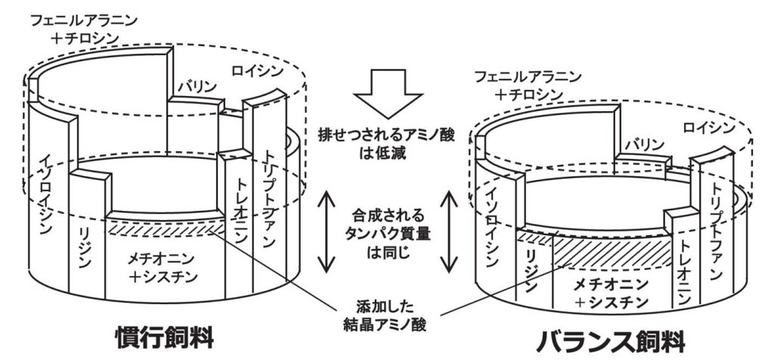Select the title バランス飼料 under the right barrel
point(611,340)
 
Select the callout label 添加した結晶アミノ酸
point(389,314)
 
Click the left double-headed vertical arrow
point(327,231)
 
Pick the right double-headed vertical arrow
point(448,231)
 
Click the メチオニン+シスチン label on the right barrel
point(611,293)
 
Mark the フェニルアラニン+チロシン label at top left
point(84,29)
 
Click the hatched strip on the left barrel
point(165,229)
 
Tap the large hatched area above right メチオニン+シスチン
point(612,253)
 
